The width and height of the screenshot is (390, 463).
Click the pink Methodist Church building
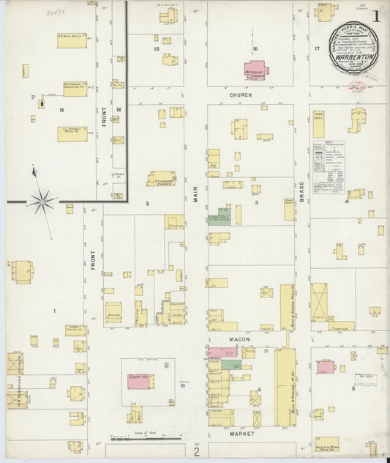(255, 70)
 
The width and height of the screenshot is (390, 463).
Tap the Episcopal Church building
(161, 179)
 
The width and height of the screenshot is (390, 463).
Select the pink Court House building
(140, 381)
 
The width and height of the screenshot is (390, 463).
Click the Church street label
(240, 95)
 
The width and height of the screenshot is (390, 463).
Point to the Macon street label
(239, 339)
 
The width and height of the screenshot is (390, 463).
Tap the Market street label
(240, 434)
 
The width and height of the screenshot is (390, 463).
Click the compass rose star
(42, 200)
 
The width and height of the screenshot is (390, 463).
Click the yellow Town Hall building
(318, 125)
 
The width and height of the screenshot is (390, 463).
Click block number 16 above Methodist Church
(255, 49)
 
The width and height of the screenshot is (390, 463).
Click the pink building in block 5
(326, 366)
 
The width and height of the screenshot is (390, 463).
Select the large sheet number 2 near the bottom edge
(196, 451)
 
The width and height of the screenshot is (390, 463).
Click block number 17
(318, 48)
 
